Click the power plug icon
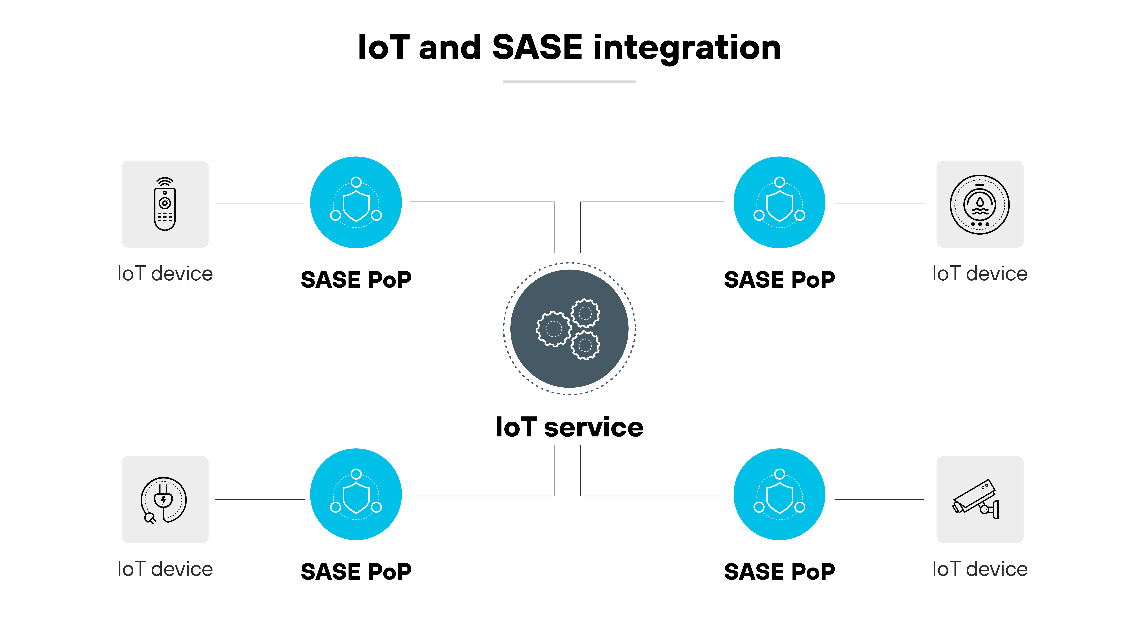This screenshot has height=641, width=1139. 164,500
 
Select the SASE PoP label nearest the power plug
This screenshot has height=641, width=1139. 356,572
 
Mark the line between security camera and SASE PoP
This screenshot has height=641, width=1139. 879,500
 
